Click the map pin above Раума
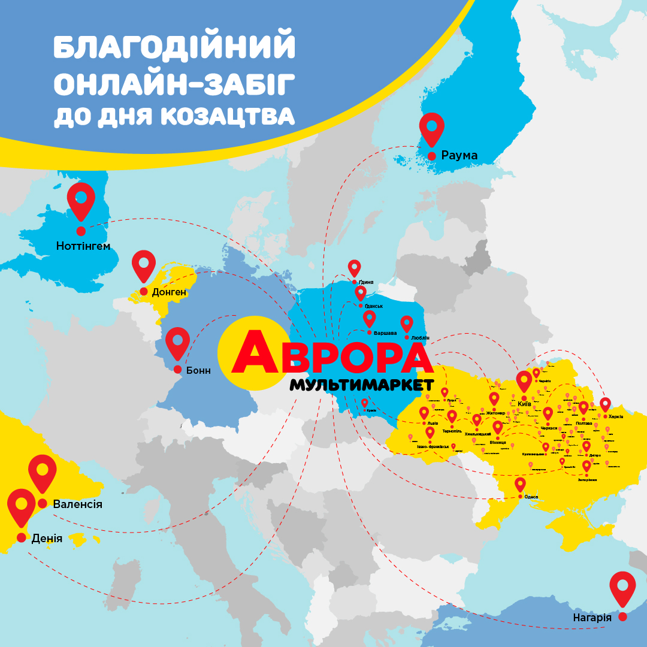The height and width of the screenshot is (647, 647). [x=431, y=128]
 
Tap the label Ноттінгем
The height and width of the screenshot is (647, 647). [x=83, y=246]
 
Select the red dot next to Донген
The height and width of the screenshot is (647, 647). [x=144, y=291]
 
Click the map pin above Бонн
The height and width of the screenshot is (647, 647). [x=177, y=341]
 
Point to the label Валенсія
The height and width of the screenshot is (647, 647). [x=77, y=504]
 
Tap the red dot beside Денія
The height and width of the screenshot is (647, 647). [x=22, y=537]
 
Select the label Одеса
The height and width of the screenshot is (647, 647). [x=531, y=497]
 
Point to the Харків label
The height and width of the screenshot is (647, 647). [x=616, y=416]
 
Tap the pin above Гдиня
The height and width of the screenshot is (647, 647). [x=355, y=267]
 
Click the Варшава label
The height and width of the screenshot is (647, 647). [x=385, y=332]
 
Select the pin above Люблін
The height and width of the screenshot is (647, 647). [x=407, y=323]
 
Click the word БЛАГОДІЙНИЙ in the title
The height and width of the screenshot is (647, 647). [x=174, y=48]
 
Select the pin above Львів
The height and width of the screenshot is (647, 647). [x=424, y=413]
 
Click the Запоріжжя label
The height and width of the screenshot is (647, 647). [x=588, y=479]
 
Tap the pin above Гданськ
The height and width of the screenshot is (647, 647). [x=361, y=292]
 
